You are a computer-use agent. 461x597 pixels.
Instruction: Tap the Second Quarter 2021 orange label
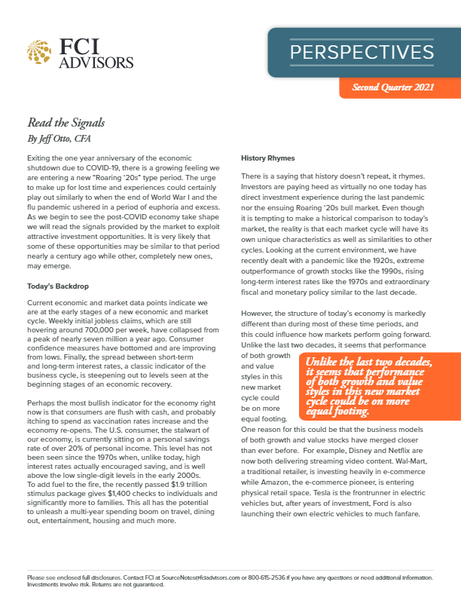(x=392, y=89)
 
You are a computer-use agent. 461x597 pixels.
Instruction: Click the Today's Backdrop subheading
(x=58, y=287)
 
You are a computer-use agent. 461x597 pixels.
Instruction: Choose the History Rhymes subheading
(x=267, y=158)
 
